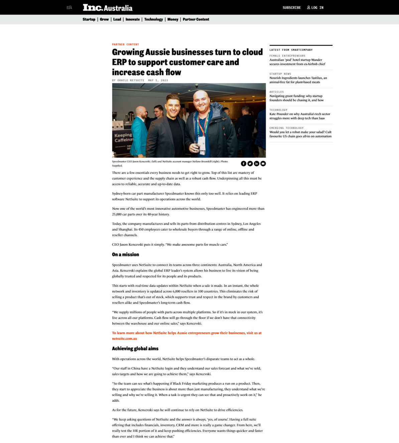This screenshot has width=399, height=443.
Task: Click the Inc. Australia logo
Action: click(x=107, y=7)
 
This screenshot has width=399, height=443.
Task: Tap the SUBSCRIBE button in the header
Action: click(x=291, y=8)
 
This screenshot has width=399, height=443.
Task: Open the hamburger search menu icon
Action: click(x=69, y=7)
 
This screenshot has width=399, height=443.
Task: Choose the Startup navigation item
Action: click(x=89, y=19)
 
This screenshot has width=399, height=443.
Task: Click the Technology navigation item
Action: click(x=153, y=19)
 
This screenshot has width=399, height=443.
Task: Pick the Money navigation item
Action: click(x=173, y=19)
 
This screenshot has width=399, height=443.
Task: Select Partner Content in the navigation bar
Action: click(x=196, y=19)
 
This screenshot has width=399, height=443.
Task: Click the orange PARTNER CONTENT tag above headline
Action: click(x=125, y=45)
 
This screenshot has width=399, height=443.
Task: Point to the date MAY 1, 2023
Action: click(x=158, y=80)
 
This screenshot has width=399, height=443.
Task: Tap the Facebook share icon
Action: click(x=244, y=164)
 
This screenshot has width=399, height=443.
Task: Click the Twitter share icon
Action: click(x=250, y=164)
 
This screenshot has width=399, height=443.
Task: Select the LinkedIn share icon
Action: click(x=257, y=164)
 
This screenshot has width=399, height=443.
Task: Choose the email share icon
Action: click(x=263, y=164)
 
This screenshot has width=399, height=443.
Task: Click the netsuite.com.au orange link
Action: click(x=124, y=339)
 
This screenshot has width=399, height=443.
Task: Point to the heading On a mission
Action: click(x=125, y=255)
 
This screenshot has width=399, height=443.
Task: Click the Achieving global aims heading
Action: click(x=135, y=349)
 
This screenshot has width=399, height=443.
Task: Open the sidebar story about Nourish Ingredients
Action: click(x=298, y=80)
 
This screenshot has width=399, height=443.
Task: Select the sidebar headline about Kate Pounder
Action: click(x=299, y=116)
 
